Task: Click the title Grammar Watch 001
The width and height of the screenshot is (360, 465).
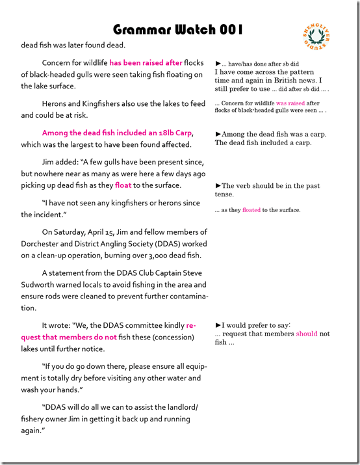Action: pos(178,29)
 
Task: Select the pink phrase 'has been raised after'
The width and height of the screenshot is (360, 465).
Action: pos(146,63)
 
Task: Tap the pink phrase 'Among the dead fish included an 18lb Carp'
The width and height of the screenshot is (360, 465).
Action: pos(112,133)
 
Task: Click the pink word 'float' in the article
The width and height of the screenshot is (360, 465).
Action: pos(123,185)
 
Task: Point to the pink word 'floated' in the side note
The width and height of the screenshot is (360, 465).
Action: pos(251,209)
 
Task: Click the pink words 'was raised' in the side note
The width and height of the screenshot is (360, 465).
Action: pos(290,103)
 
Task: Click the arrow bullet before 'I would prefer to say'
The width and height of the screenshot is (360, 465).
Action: pos(218,325)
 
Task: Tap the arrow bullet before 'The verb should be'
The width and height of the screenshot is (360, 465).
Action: pos(218,186)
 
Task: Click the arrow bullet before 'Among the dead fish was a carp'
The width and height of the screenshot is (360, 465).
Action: pos(218,134)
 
